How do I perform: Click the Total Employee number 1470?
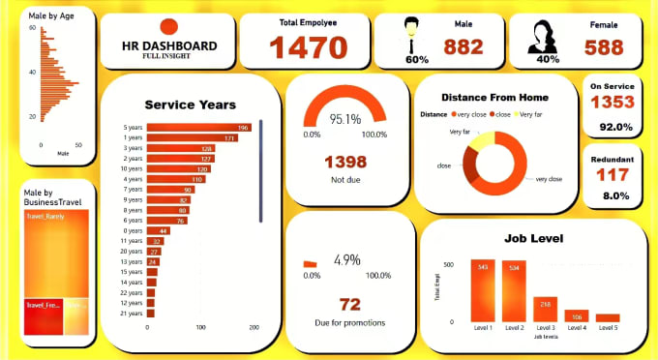click(x=308, y=46)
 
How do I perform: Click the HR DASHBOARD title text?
click(x=170, y=45)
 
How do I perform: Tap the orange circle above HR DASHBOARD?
click(x=168, y=28)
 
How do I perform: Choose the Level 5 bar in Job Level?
click(x=608, y=317)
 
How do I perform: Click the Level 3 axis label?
click(x=546, y=328)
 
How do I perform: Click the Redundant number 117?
click(x=612, y=175)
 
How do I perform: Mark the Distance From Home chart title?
click(x=494, y=97)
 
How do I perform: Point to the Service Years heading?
click(x=190, y=105)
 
